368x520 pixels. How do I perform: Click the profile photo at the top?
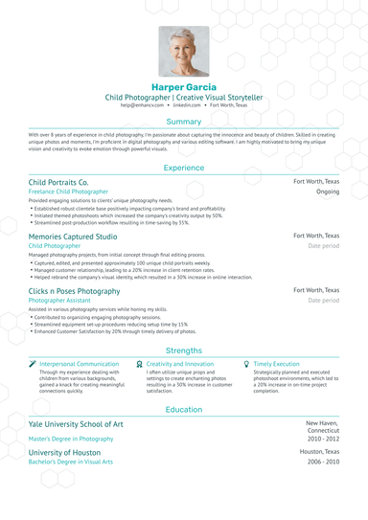click(183, 51)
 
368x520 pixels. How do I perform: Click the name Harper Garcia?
click(183, 87)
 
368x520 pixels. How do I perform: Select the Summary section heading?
click(183, 123)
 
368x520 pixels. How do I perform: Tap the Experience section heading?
click(183, 168)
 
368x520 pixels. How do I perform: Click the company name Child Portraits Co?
click(58, 181)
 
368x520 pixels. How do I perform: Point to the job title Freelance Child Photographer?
click(68, 192)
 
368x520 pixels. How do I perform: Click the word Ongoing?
click(328, 192)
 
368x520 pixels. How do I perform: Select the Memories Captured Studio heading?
click(73, 236)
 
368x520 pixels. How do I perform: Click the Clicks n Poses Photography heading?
click(74, 290)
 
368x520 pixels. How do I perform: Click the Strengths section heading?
click(183, 351)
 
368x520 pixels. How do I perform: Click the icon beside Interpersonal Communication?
click(33, 365)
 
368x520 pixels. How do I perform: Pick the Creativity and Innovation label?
click(180, 365)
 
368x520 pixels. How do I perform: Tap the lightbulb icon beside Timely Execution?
click(246, 365)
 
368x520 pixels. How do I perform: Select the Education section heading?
click(183, 409)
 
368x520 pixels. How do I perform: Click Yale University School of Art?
click(76, 423)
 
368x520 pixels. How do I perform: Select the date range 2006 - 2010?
click(323, 462)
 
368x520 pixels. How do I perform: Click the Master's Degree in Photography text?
click(71, 439)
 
